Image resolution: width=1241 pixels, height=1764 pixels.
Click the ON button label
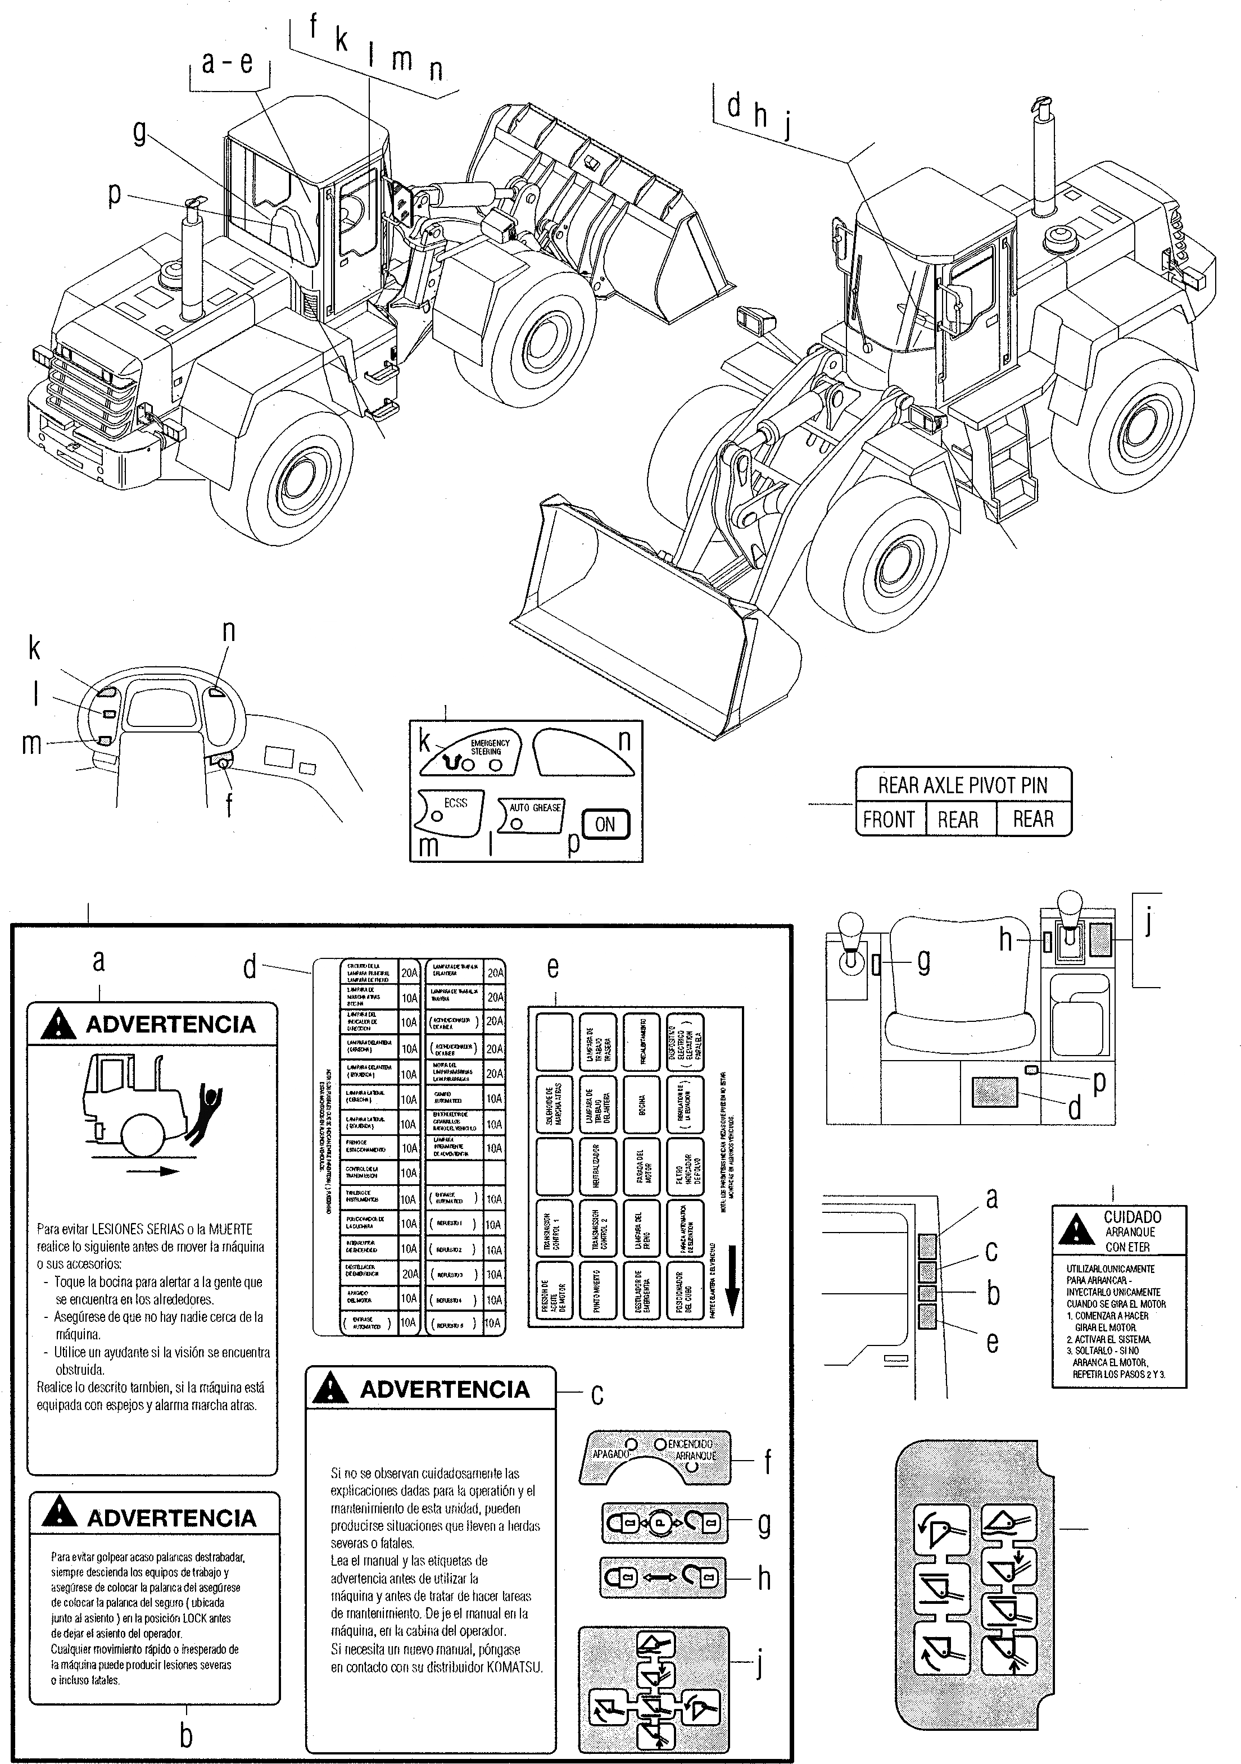[x=605, y=824]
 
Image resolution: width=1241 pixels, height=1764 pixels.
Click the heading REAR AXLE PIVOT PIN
[x=963, y=785]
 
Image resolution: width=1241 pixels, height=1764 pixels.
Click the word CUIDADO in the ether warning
[x=1132, y=1217]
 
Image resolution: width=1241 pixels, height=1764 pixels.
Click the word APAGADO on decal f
[x=611, y=1453]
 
